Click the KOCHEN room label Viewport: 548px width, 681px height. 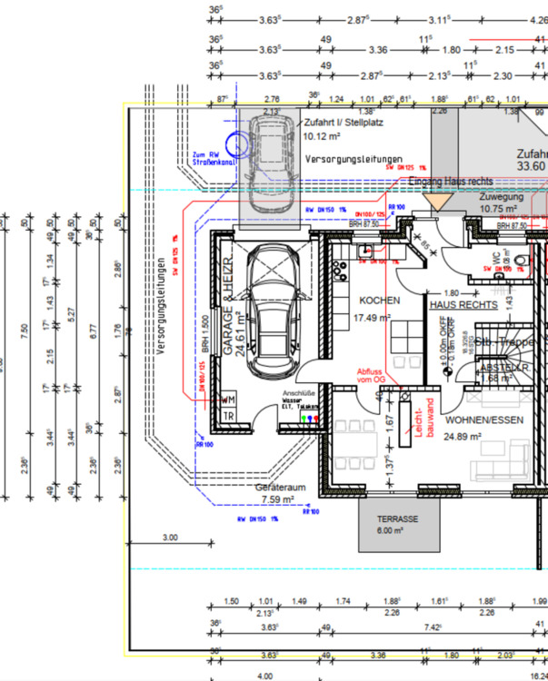(380, 301)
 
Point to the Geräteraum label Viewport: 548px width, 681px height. (280, 488)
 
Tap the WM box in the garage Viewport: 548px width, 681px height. (228, 399)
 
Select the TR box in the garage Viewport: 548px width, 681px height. (228, 416)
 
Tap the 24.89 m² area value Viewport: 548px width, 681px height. (464, 437)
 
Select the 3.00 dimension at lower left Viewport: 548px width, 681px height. (169, 538)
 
